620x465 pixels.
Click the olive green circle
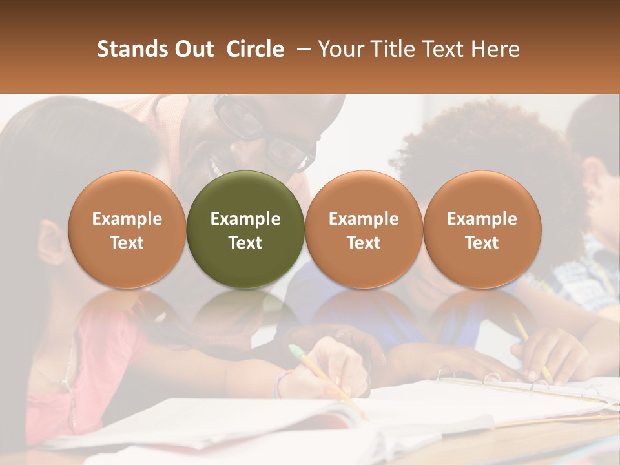[x=245, y=230]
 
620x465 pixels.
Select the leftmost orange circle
[x=127, y=230]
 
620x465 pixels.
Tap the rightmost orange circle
[x=482, y=230]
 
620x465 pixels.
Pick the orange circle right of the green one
[x=364, y=230]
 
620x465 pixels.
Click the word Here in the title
[x=495, y=49]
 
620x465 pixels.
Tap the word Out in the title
[x=192, y=49]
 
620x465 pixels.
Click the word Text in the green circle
[x=245, y=243]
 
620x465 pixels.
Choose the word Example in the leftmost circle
[x=127, y=219]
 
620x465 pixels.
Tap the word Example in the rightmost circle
[x=482, y=219]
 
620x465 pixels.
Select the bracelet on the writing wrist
[x=279, y=385]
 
